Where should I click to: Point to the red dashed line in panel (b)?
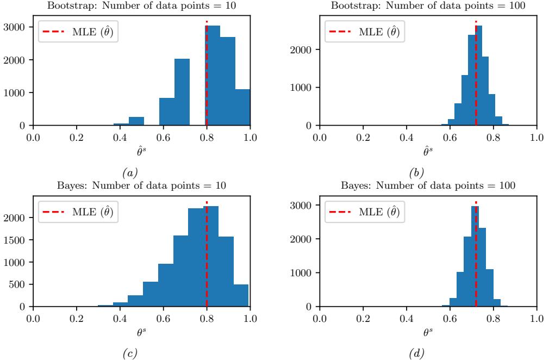(476, 82)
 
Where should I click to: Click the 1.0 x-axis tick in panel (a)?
(250, 135)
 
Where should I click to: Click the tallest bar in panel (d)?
(475, 256)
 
